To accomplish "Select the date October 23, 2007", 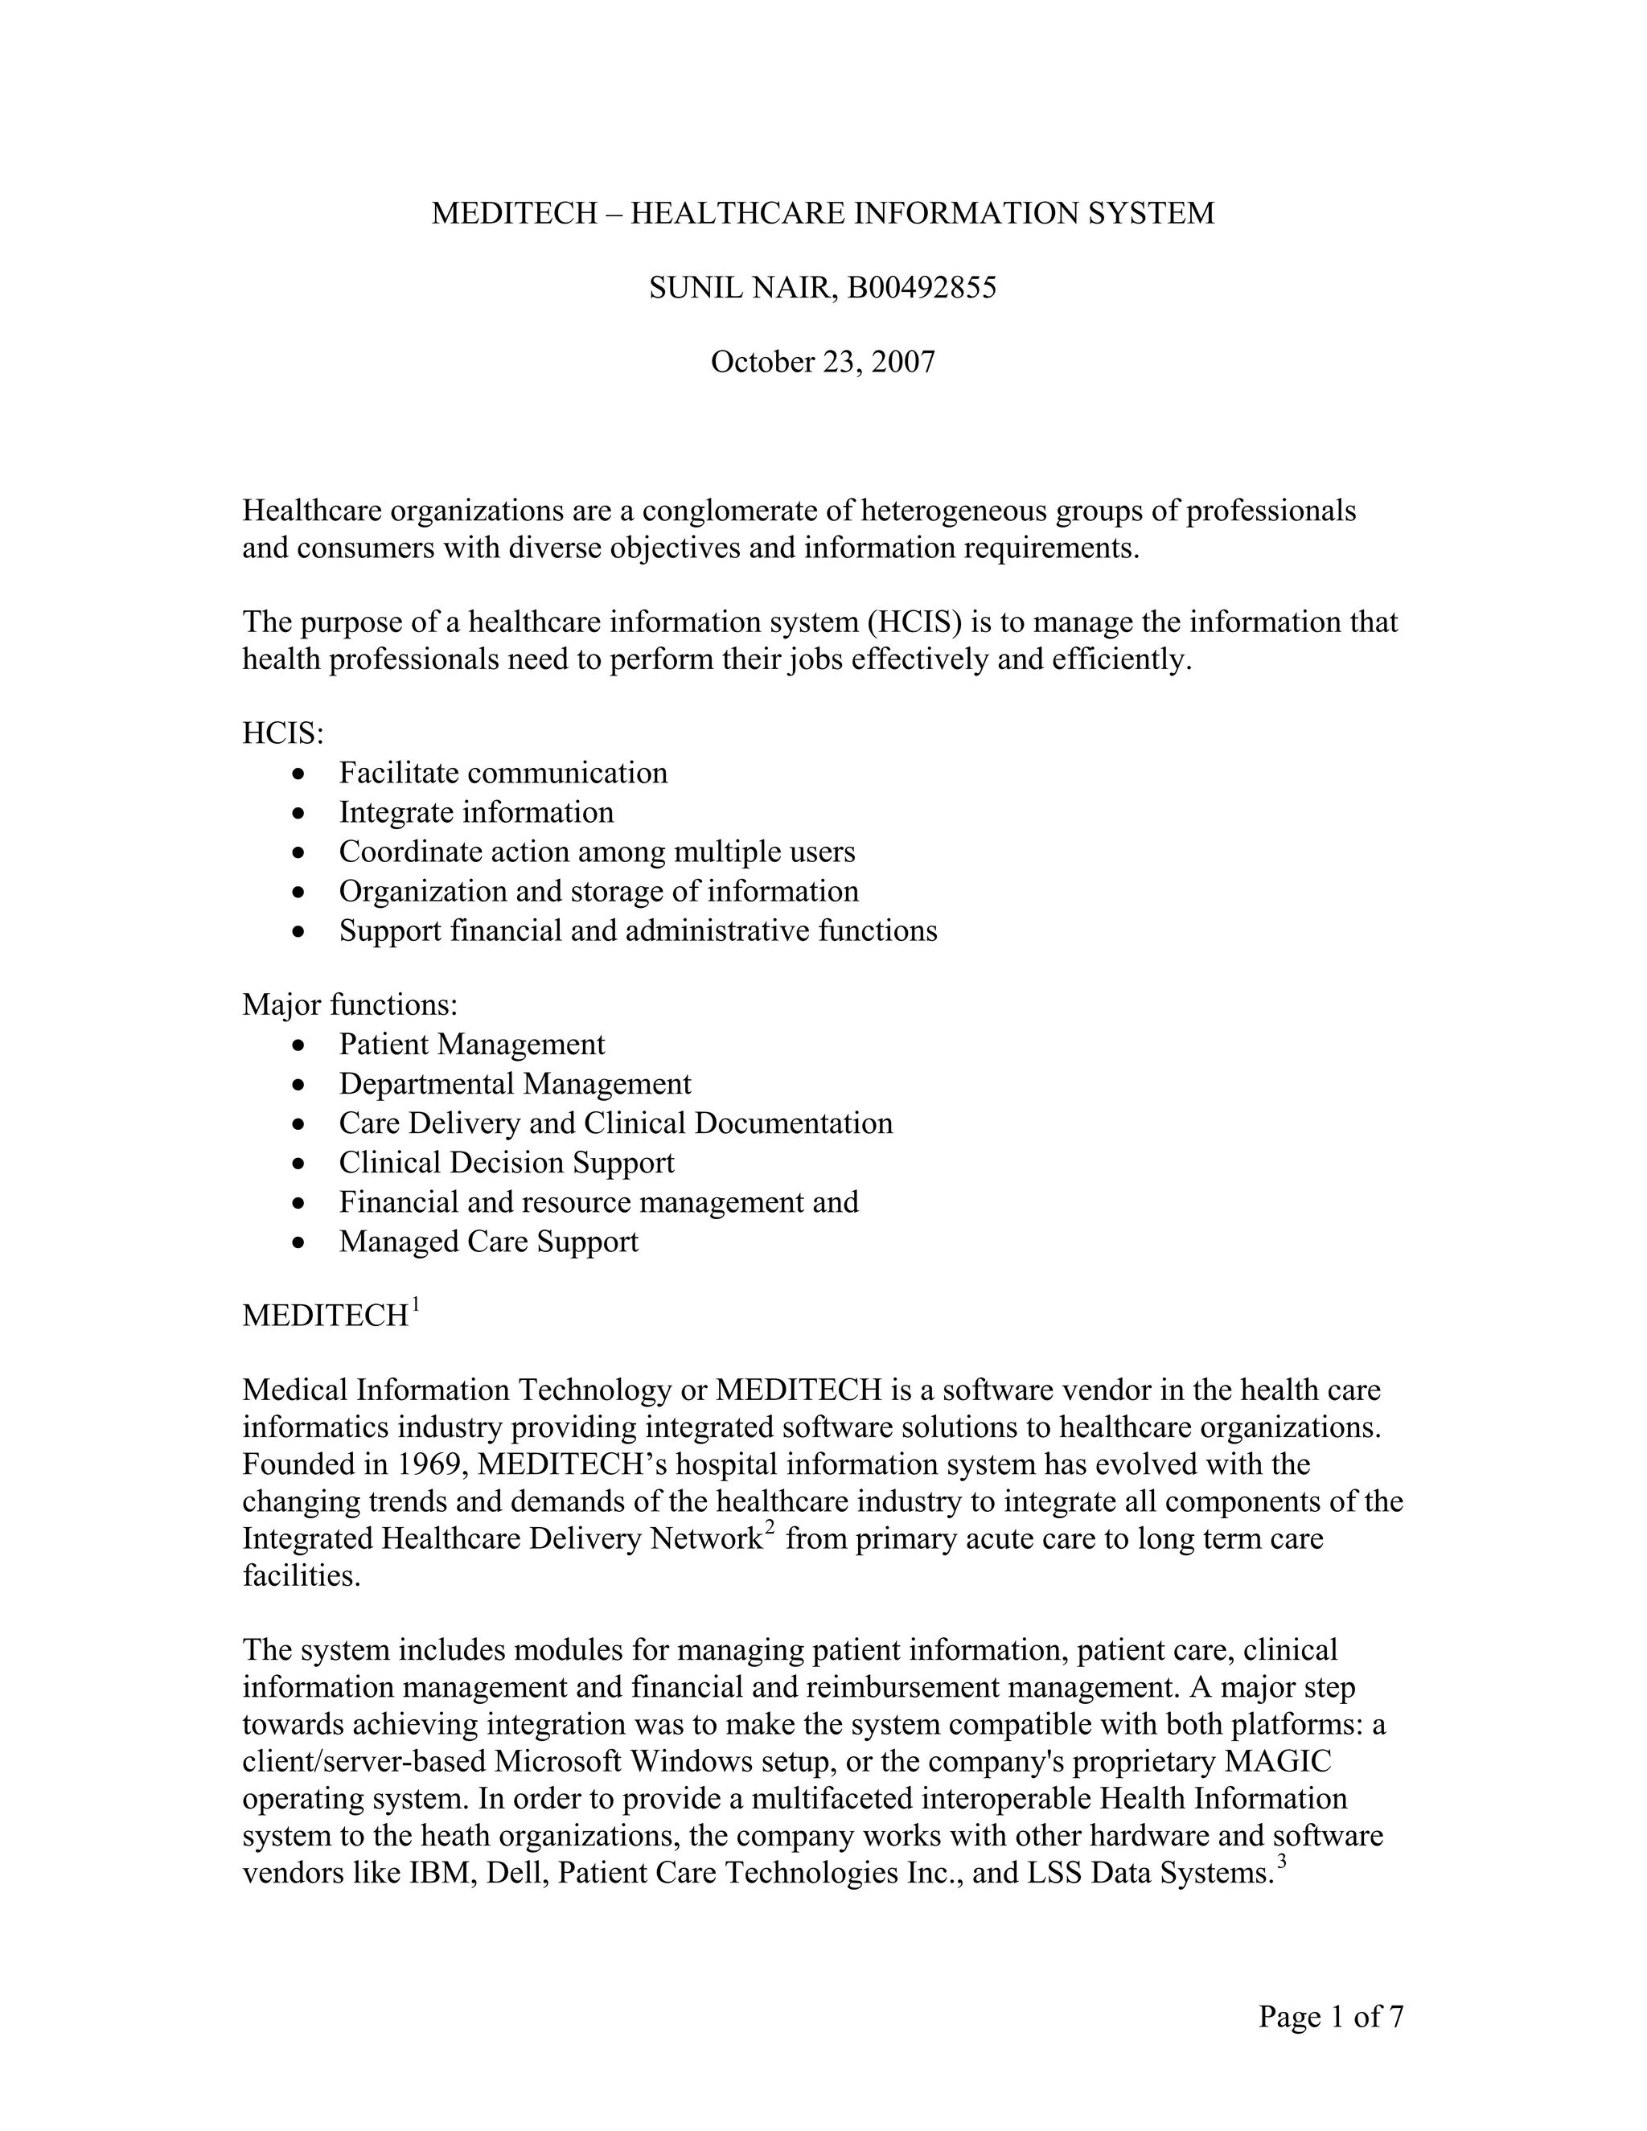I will coord(823,362).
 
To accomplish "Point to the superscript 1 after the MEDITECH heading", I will coord(416,1304).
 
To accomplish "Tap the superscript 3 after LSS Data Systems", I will coord(1282,1862).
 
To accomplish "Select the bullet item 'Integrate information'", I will coord(476,813).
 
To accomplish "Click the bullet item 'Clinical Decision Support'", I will coord(507,1163).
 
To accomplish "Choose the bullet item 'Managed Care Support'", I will coord(489,1242).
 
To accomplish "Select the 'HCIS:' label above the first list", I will coord(283,733).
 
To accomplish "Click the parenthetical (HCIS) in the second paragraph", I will coord(912,622).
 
